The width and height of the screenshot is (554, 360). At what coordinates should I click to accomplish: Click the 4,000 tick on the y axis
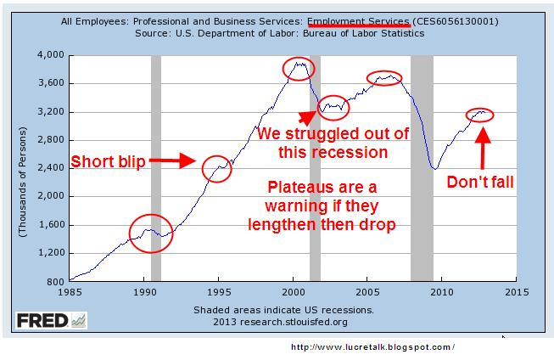coord(50,55)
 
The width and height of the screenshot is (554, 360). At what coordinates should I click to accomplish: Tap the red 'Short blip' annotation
coord(108,161)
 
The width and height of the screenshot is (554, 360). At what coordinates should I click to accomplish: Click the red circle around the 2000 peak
coord(299,68)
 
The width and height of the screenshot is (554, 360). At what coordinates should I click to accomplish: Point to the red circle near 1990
coord(151,233)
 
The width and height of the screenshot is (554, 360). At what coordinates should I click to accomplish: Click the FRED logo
coord(50,320)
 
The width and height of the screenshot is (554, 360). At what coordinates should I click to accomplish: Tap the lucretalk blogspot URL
coord(372,347)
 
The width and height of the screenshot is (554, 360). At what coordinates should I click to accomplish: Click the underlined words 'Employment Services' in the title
coord(359,21)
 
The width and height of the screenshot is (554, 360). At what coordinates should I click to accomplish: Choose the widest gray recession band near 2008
coord(422,168)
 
